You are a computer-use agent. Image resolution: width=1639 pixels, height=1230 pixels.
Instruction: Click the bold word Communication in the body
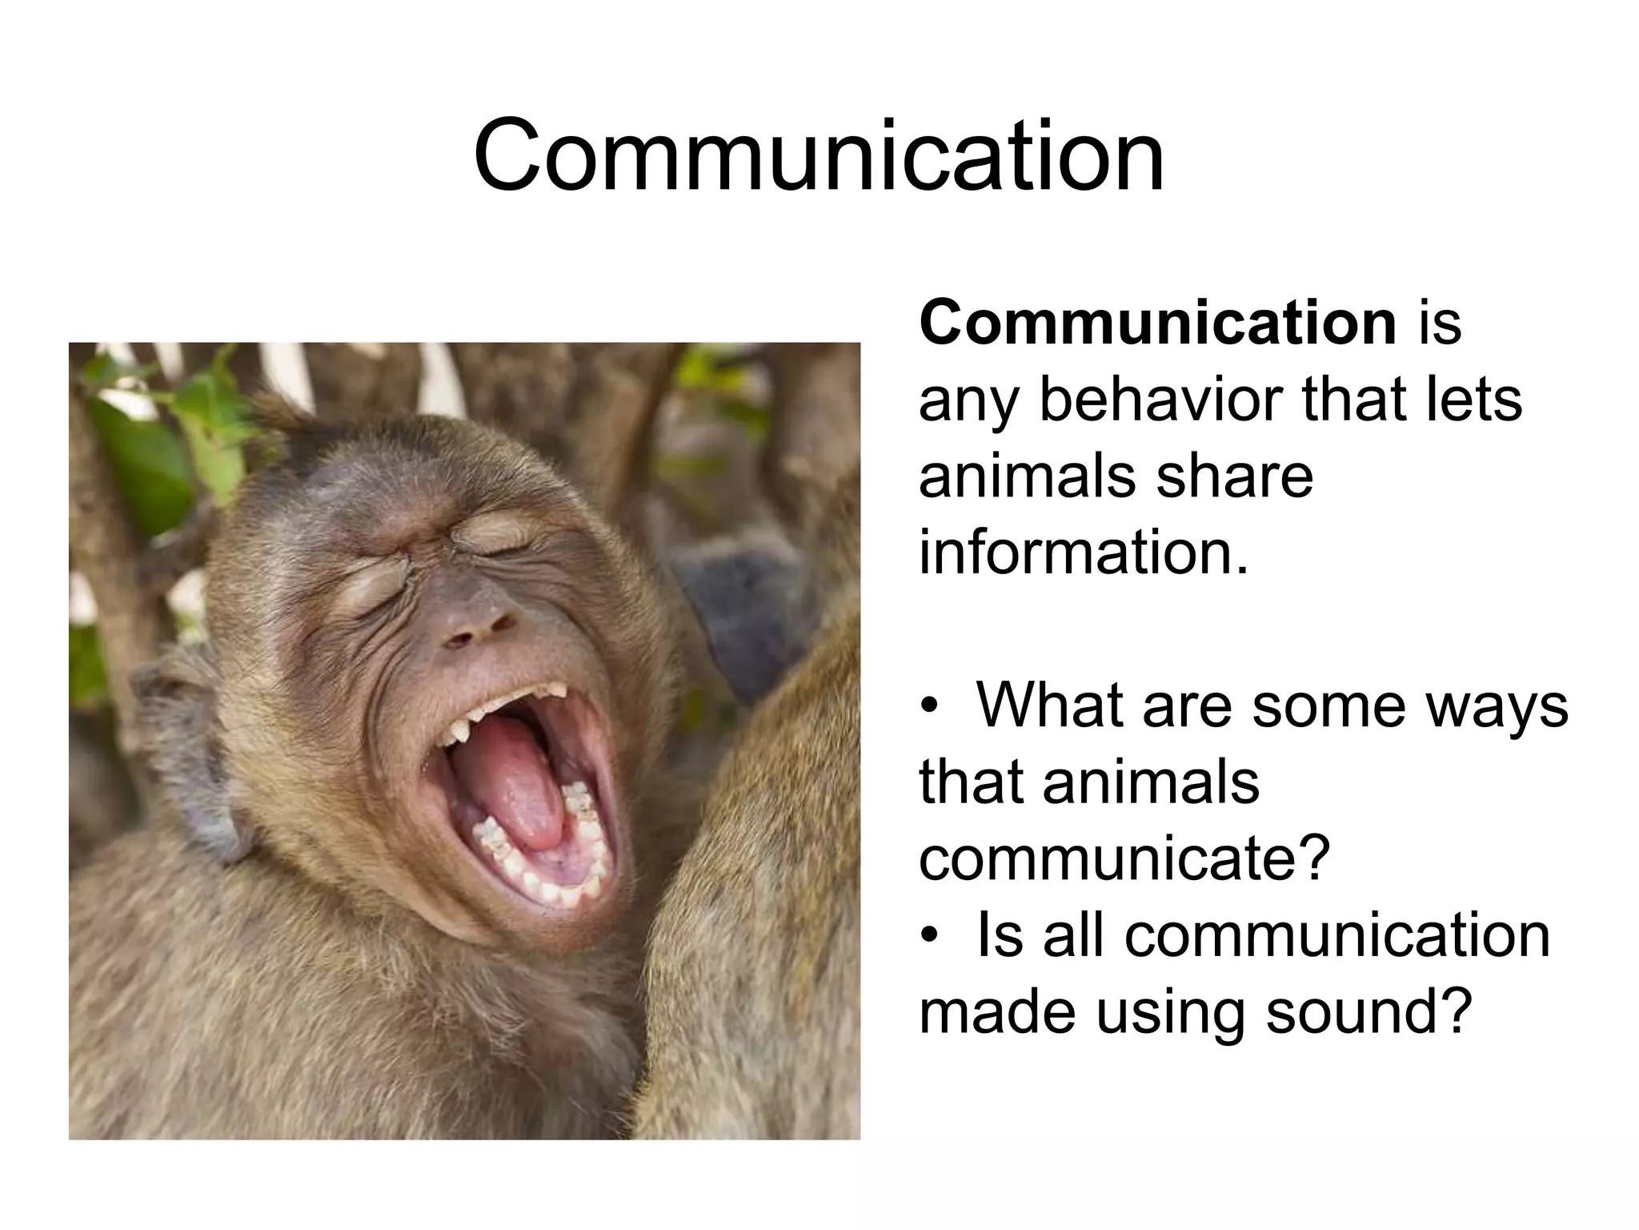pos(1158,323)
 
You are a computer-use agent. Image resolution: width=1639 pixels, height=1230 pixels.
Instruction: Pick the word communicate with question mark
pos(1124,858)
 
